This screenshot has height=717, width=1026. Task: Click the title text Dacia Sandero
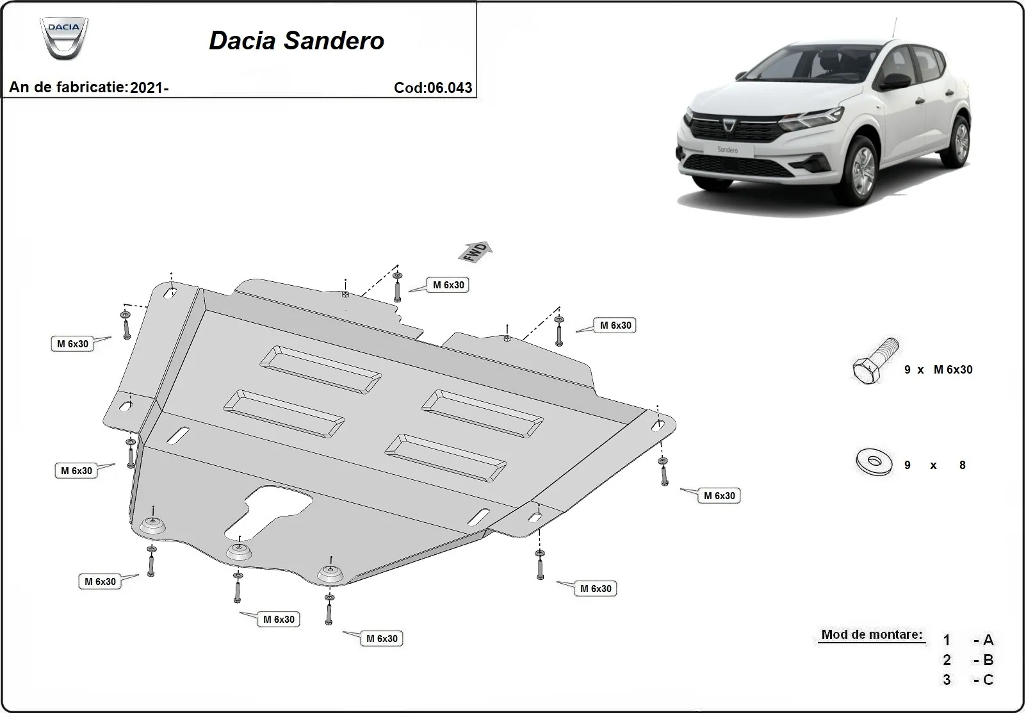pyautogui.click(x=297, y=41)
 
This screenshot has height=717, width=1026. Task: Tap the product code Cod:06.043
pyautogui.click(x=433, y=88)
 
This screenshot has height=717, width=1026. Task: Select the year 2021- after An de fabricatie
pyautogui.click(x=149, y=88)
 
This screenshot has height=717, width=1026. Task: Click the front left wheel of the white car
pyautogui.click(x=862, y=170)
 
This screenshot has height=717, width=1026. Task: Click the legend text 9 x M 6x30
pyautogui.click(x=938, y=370)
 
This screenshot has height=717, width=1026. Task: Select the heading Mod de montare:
pyautogui.click(x=872, y=635)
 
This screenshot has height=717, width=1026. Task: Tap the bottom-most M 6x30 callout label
pyautogui.click(x=382, y=639)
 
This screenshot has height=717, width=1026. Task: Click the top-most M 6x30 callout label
pyautogui.click(x=448, y=285)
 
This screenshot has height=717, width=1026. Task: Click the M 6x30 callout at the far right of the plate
pyautogui.click(x=720, y=496)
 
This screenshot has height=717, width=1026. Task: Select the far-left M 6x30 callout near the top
pyautogui.click(x=72, y=344)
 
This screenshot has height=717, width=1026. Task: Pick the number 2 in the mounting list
pyautogui.click(x=947, y=660)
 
